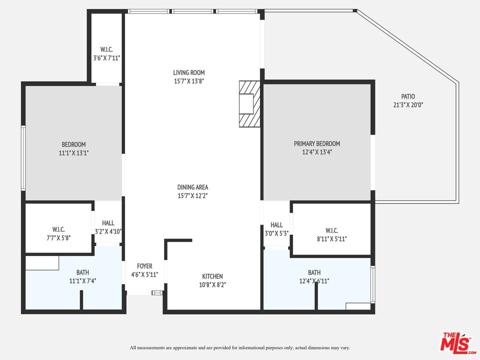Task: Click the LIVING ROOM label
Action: tap(189, 72)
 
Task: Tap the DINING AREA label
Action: tap(192, 187)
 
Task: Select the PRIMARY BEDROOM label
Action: tap(317, 143)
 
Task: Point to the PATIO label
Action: tap(408, 96)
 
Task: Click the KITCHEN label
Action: tap(212, 276)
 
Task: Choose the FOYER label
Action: tap(144, 266)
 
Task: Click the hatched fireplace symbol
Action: tap(249, 104)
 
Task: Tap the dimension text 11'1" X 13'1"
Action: tap(73, 153)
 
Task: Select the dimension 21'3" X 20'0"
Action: tap(408, 105)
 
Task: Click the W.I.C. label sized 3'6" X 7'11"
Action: tap(106, 49)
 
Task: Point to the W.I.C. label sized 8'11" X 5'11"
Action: tap(331, 230)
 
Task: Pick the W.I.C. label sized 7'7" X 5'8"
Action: tap(58, 229)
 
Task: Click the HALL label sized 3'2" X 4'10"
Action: tap(108, 223)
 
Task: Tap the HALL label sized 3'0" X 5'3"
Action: tap(276, 225)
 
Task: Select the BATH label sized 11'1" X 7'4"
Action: tap(82, 272)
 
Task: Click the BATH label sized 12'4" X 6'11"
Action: tap(314, 272)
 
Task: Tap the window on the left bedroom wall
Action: tap(23, 158)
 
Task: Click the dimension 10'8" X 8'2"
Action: tap(212, 285)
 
